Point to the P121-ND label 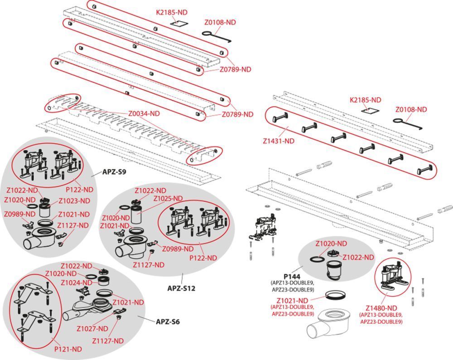(68, 349)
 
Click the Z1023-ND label (74, 200)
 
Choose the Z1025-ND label (168, 199)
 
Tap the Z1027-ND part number (92, 329)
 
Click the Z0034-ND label (145, 114)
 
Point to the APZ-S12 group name (181, 288)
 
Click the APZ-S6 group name (168, 321)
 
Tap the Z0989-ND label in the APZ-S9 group (19, 214)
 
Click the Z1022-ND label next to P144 (358, 257)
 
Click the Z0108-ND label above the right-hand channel (410, 109)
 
